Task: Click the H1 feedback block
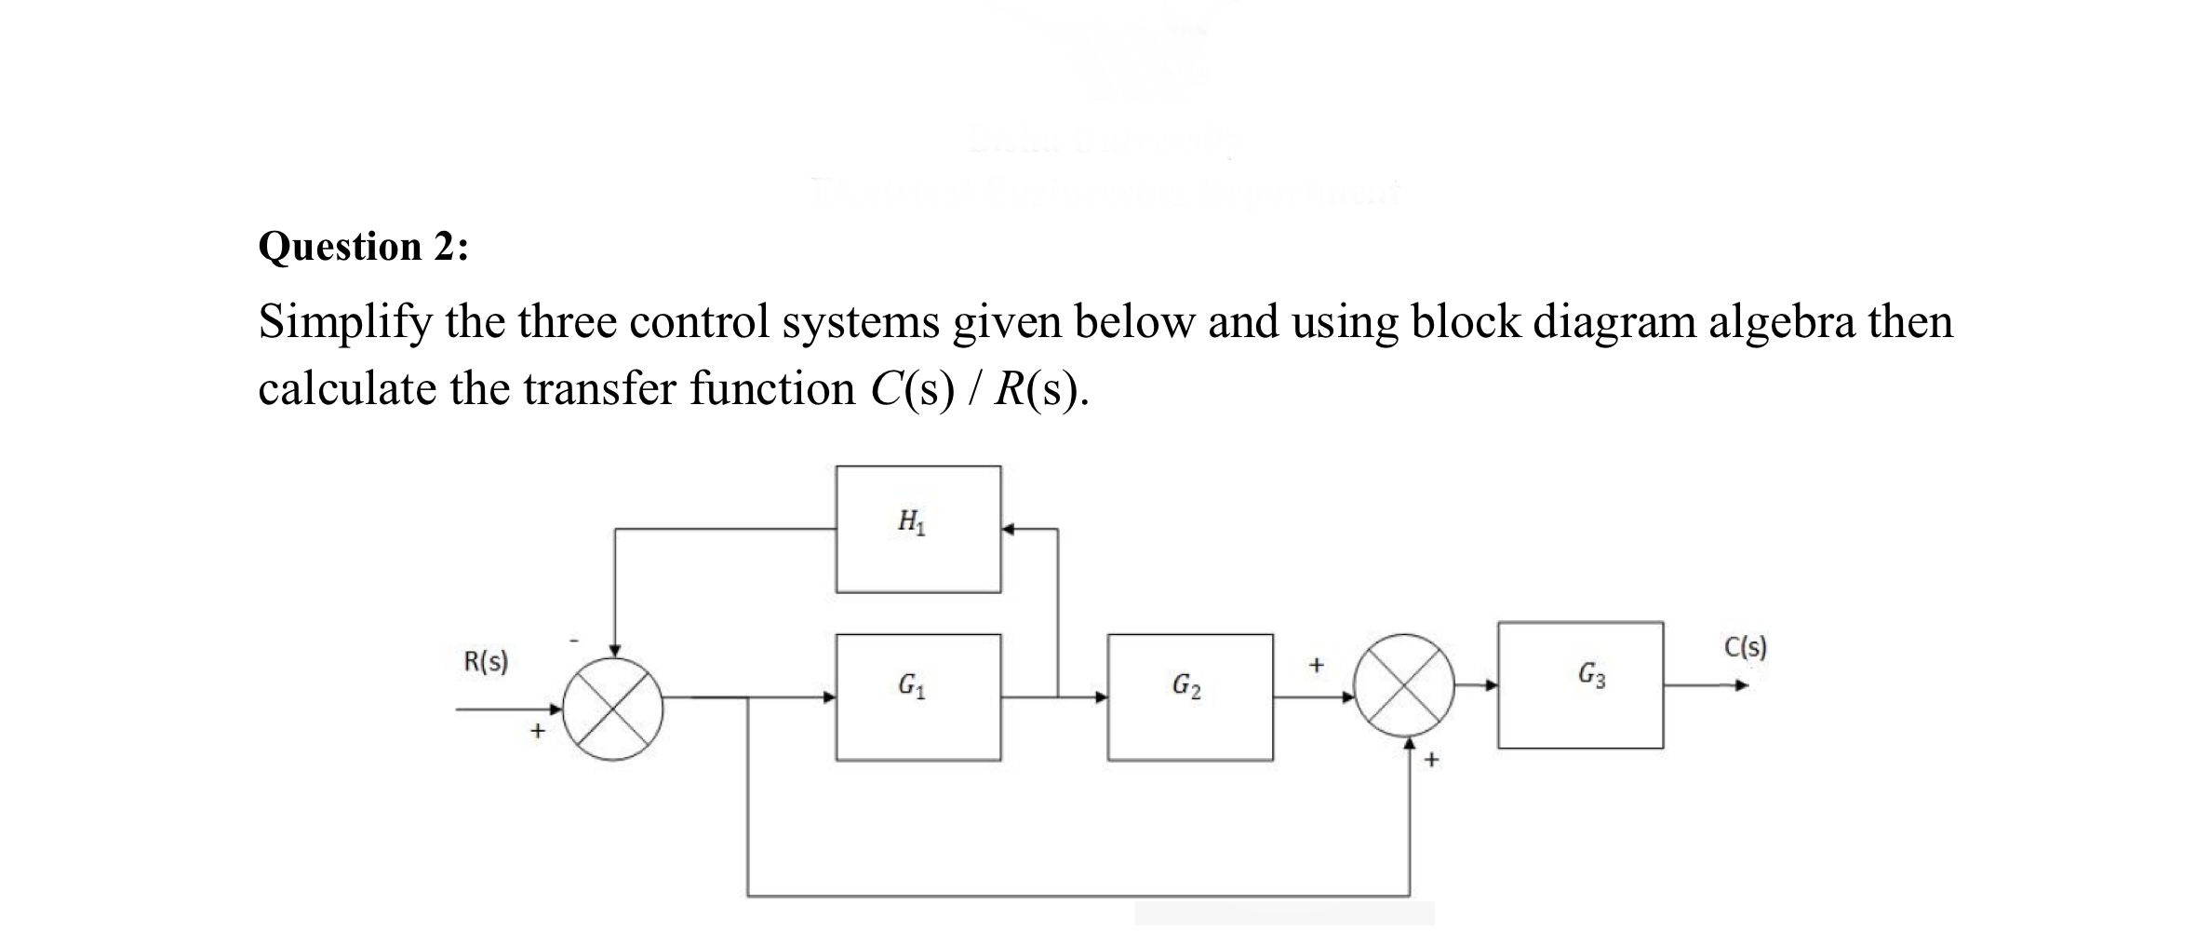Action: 917,529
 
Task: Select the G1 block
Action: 917,696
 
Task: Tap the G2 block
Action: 1189,696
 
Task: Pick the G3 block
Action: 1580,684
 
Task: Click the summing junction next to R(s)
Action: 614,709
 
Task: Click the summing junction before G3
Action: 1403,684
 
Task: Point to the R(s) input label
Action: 486,662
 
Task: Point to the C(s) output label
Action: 1745,647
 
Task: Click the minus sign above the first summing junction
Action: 574,641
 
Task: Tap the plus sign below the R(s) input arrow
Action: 537,732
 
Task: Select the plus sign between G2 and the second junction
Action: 1315,665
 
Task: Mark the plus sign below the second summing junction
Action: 1431,760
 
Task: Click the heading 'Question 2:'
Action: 364,247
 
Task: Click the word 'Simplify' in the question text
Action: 343,323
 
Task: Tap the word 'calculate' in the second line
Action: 346,389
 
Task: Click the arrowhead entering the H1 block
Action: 1009,529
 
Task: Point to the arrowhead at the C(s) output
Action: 1741,686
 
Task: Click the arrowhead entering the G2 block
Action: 1101,696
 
